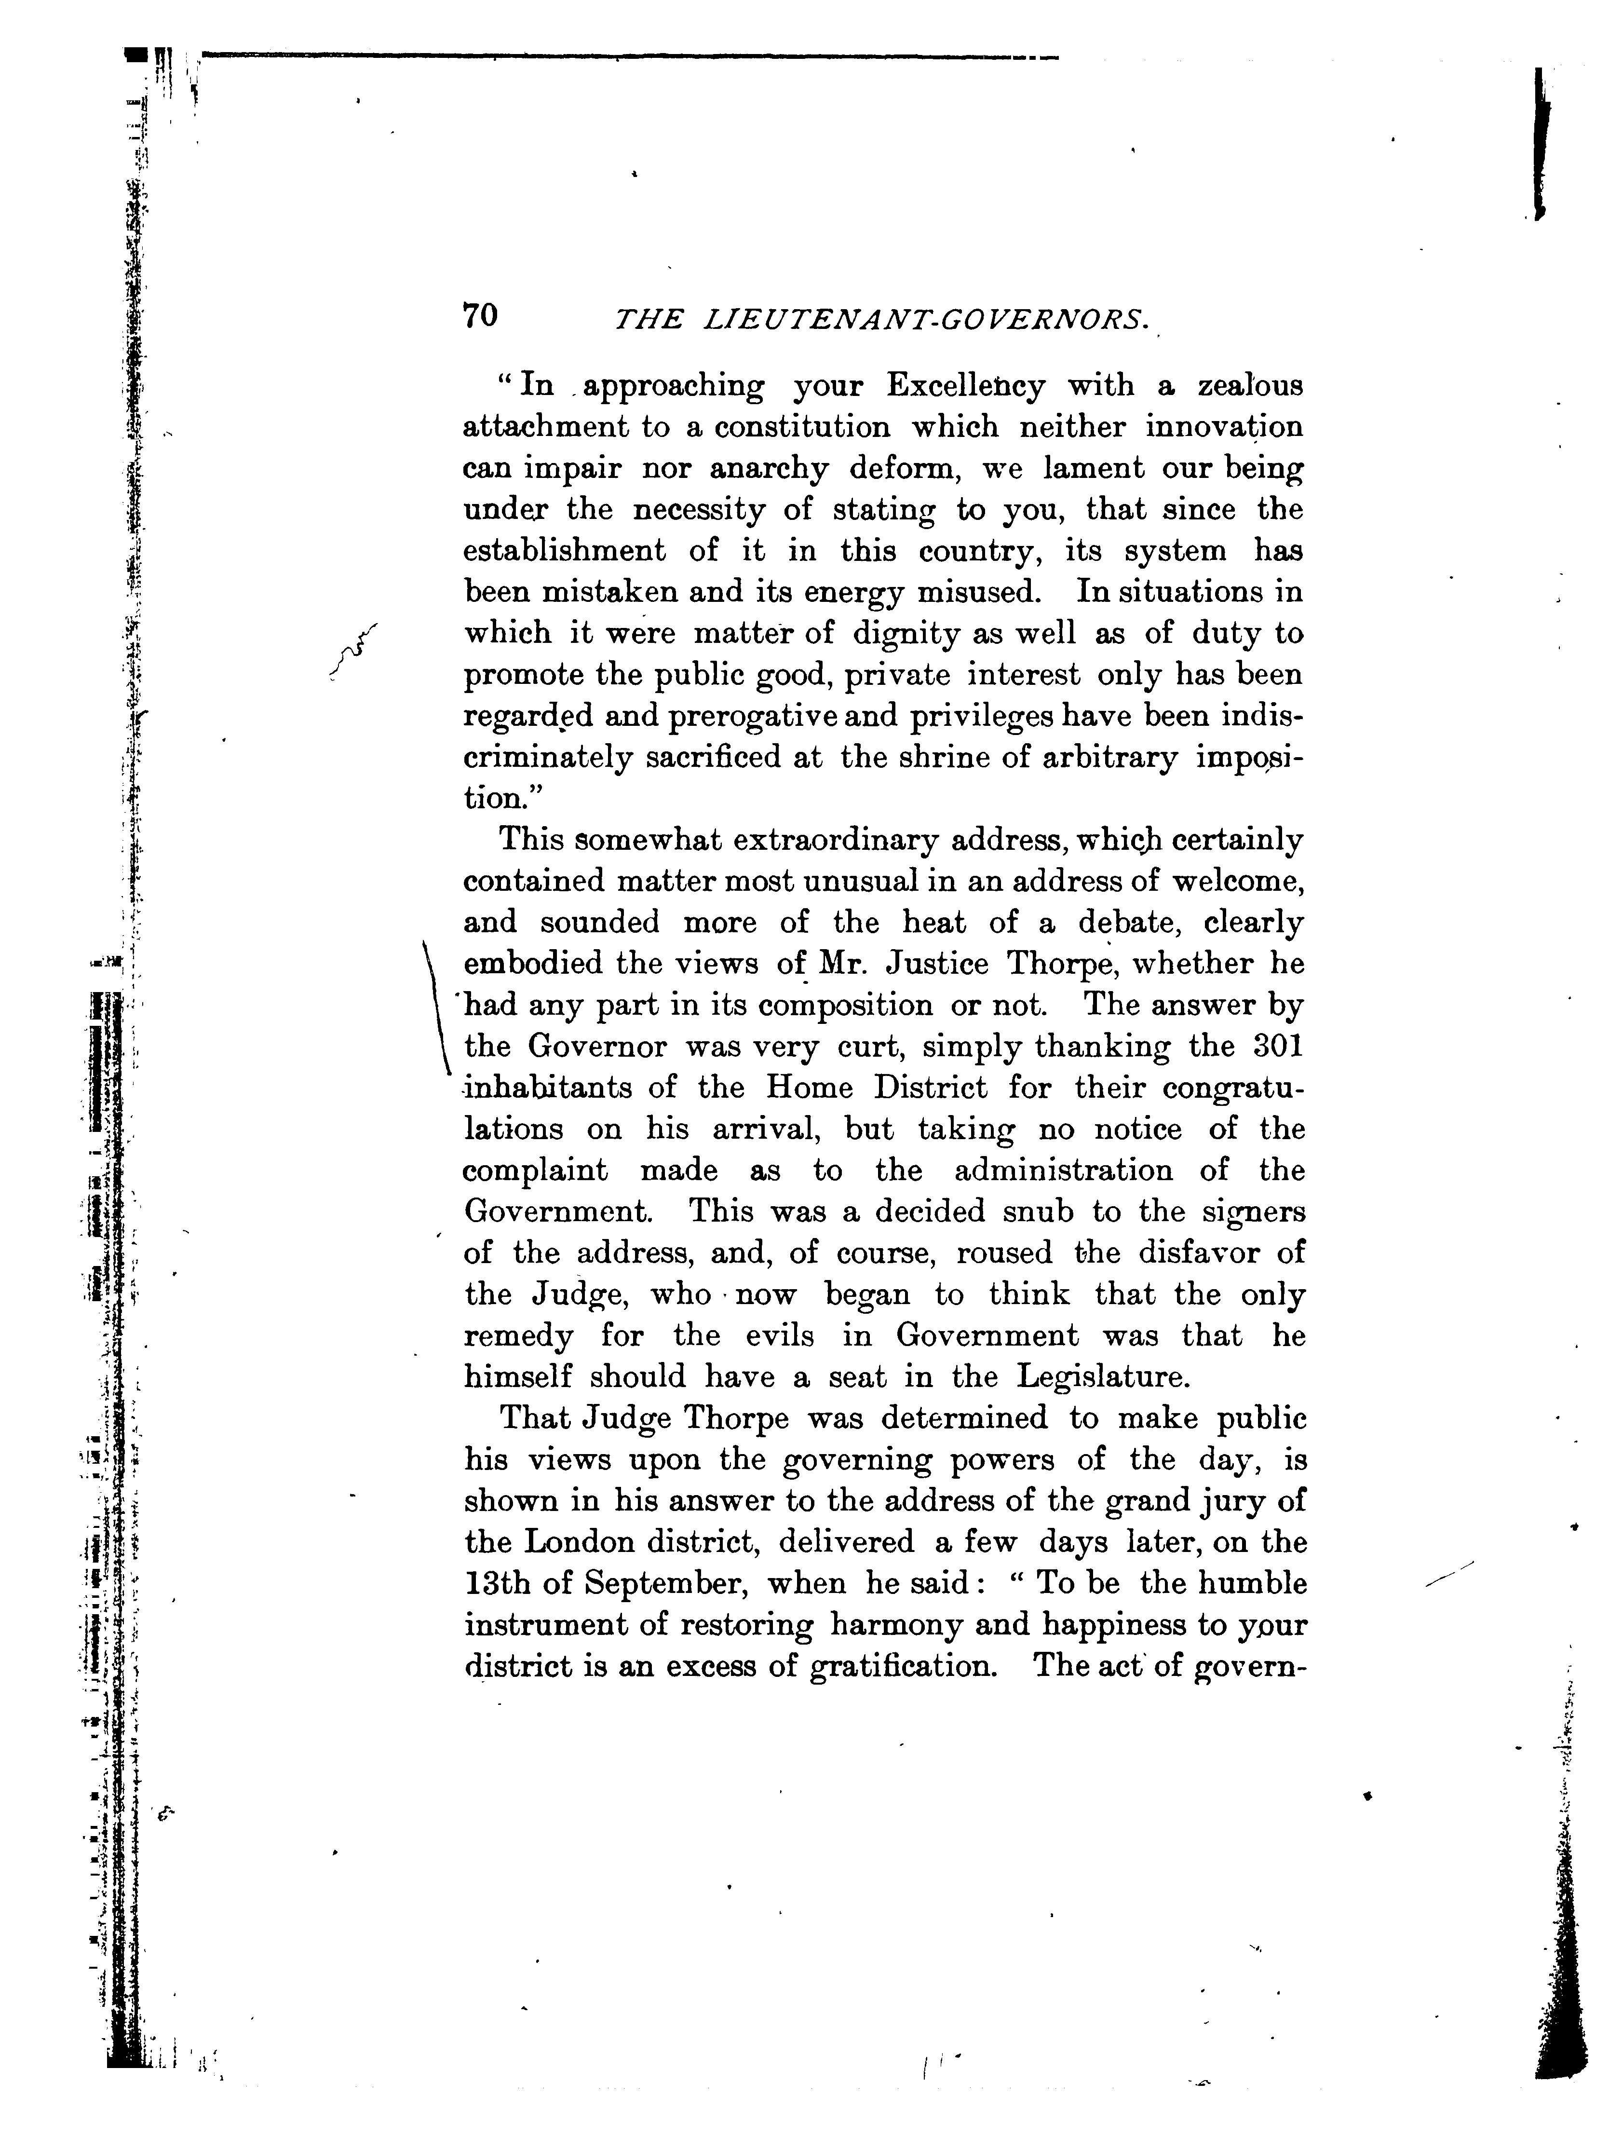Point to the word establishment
pos(564,551)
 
